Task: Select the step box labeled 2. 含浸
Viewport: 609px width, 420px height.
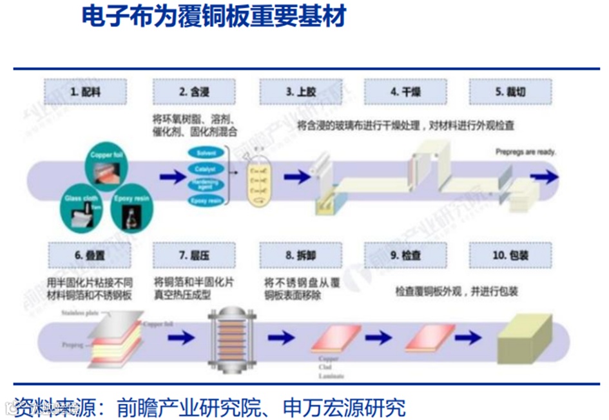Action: coord(193,92)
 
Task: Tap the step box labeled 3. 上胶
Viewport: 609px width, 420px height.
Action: coord(301,92)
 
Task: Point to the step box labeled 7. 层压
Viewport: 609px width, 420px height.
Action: coord(193,255)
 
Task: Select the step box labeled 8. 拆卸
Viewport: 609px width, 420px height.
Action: coord(301,255)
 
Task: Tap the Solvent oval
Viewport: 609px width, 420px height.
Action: coord(206,154)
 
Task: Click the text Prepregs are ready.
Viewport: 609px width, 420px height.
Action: coord(525,152)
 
